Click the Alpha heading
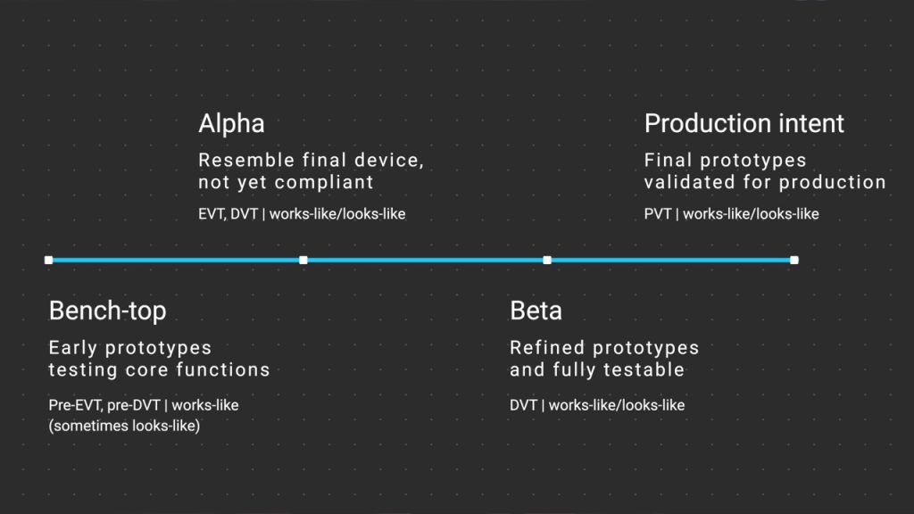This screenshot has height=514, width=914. pyautogui.click(x=231, y=123)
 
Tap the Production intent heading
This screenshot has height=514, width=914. pyautogui.click(x=744, y=123)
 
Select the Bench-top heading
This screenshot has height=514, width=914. pyautogui.click(x=107, y=311)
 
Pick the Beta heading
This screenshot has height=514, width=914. pyautogui.click(x=536, y=311)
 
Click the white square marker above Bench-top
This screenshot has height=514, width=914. pyautogui.click(x=48, y=260)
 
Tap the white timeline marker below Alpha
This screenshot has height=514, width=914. pyautogui.click(x=303, y=260)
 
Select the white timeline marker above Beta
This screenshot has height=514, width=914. pyautogui.click(x=547, y=260)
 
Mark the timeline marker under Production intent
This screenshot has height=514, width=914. pyautogui.click(x=794, y=260)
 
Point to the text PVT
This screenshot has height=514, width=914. pyautogui.click(x=659, y=214)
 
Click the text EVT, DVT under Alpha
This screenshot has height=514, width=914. pyautogui.click(x=228, y=214)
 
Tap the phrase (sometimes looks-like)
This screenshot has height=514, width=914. pyautogui.click(x=124, y=426)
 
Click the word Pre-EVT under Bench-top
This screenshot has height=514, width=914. pyautogui.click(x=75, y=405)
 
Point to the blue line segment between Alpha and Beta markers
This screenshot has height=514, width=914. pyautogui.click(x=425, y=260)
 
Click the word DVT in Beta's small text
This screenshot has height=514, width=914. pyautogui.click(x=523, y=405)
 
